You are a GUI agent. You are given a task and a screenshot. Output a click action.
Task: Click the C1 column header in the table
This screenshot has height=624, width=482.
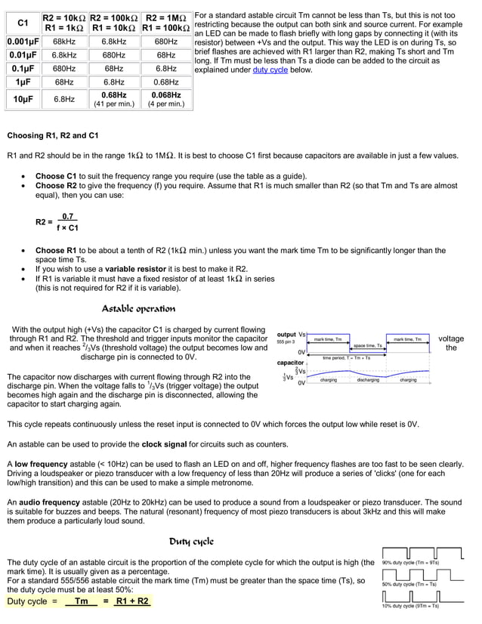[x=23, y=23]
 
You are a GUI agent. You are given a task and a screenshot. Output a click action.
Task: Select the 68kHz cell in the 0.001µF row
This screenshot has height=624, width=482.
[x=64, y=42]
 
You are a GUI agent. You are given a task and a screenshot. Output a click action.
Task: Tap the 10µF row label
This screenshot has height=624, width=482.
[x=23, y=99]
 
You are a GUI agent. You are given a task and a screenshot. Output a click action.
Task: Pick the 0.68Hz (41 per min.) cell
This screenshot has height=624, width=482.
[x=113, y=99]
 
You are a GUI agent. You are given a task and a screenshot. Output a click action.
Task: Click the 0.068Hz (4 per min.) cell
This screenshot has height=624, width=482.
[x=165, y=99]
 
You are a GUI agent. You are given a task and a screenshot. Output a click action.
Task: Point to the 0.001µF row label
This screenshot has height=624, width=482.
[x=23, y=42]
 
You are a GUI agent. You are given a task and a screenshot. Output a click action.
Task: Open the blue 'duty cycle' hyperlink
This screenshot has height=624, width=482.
[x=270, y=70]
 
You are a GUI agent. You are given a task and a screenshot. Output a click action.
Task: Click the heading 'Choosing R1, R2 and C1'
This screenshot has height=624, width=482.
[x=53, y=136]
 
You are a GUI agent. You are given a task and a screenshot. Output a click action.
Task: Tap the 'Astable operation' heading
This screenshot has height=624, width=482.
[x=138, y=308]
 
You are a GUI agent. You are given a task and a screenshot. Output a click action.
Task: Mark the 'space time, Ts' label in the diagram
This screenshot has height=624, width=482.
[x=367, y=345]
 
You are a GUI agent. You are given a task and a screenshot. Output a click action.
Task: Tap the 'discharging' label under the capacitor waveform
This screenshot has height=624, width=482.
[x=368, y=380]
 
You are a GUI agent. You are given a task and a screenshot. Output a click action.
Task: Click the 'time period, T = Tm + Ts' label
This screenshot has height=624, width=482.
[x=347, y=357]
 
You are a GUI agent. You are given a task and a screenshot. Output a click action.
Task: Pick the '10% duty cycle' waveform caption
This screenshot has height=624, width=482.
[x=411, y=605]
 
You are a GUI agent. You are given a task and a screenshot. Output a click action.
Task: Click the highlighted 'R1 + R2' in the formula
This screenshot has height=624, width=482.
[x=131, y=601]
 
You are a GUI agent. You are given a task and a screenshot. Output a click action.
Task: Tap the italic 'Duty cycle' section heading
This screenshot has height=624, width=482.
[x=191, y=542]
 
